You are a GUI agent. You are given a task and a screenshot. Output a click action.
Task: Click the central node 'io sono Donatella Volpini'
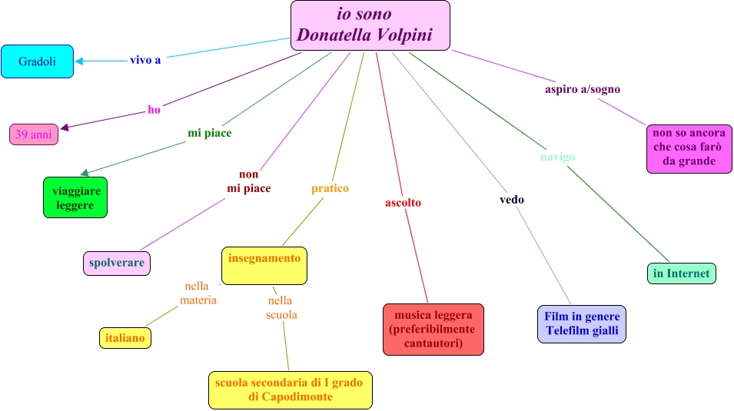pos(370,25)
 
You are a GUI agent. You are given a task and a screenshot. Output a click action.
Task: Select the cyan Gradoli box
pos(37,61)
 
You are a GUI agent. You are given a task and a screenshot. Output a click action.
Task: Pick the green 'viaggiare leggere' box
pos(75,197)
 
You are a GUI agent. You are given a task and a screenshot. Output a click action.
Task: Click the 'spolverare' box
pos(117,263)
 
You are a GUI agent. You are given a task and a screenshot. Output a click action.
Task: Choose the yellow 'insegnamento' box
pos(264,265)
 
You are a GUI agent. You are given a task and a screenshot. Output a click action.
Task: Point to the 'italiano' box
pos(125,337)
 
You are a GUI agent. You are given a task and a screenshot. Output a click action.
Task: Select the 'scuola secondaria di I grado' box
pos(291,389)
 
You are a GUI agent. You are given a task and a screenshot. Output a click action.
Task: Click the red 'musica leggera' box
pos(433,329)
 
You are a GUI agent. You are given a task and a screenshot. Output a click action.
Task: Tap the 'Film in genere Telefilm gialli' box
pos(582,323)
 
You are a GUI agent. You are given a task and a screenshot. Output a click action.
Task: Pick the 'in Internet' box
pos(682,273)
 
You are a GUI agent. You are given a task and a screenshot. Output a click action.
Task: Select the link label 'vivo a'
pos(145,60)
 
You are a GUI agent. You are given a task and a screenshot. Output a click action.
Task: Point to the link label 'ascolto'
pos(403,203)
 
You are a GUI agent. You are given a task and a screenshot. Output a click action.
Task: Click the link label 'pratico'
pos(330,188)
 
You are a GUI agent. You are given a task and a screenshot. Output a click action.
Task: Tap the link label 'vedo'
pos(512,200)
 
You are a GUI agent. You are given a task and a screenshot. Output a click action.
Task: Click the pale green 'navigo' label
pos(557,157)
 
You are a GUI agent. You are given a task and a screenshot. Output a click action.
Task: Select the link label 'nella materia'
pos(198,293)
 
